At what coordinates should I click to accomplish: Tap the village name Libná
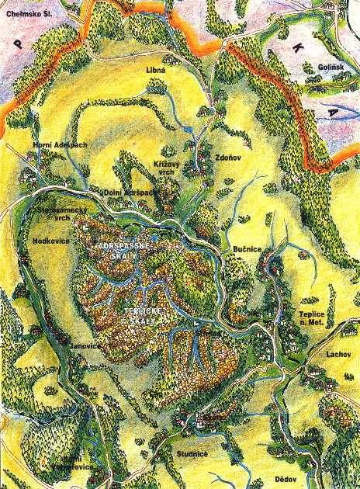tap(157, 70)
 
